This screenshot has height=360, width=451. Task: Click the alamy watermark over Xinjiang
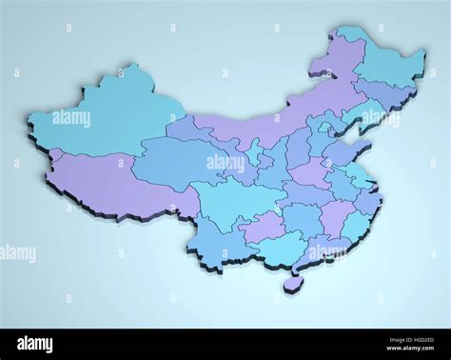[x=71, y=119]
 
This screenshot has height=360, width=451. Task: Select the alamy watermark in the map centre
[x=225, y=163]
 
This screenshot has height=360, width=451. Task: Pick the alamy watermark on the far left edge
[x=17, y=254]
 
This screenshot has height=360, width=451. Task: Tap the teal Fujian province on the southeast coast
[x=354, y=225]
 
